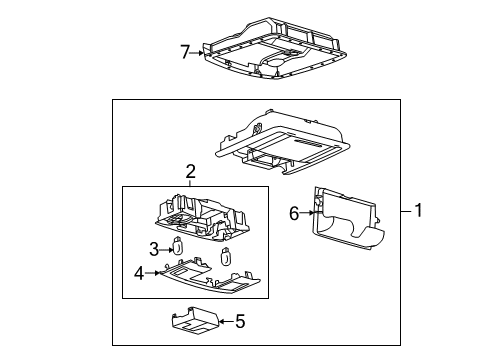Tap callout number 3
click(x=155, y=248)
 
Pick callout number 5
click(x=239, y=322)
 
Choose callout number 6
click(x=293, y=212)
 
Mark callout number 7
click(x=183, y=51)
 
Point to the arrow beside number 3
click(x=167, y=248)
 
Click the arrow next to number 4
click(x=154, y=270)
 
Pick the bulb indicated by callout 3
click(x=179, y=246)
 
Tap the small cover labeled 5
click(x=196, y=322)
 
